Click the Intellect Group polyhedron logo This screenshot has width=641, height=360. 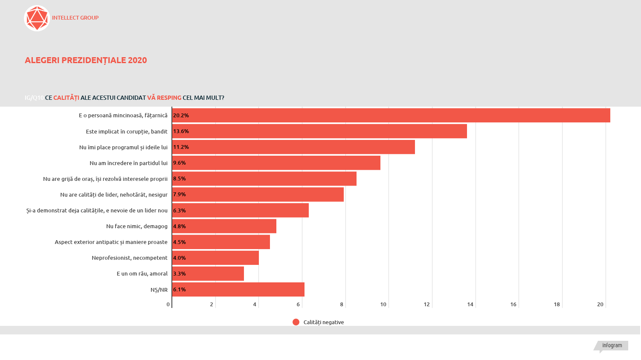37,18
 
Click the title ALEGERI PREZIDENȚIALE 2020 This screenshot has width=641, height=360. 86,60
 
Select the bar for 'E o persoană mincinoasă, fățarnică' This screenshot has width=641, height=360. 391,116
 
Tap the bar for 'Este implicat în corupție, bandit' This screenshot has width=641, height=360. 319,131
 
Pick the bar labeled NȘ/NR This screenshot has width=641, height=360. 238,290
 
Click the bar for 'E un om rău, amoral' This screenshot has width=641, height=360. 208,274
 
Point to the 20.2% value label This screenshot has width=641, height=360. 181,116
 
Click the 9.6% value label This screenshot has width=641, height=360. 180,163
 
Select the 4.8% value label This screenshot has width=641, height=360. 180,226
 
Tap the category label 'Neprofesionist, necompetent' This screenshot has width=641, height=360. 130,258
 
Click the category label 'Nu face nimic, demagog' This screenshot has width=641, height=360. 137,226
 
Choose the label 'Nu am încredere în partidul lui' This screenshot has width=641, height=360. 128,163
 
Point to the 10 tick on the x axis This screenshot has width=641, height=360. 383,305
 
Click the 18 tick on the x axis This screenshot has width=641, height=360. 557,305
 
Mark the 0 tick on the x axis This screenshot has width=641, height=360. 168,305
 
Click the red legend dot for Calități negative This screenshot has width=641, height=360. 296,322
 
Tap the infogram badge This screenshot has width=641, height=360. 612,345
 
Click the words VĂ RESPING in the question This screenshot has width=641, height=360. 164,98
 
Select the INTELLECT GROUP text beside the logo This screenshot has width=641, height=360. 75,18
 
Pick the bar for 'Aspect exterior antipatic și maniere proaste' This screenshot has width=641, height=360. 221,242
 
